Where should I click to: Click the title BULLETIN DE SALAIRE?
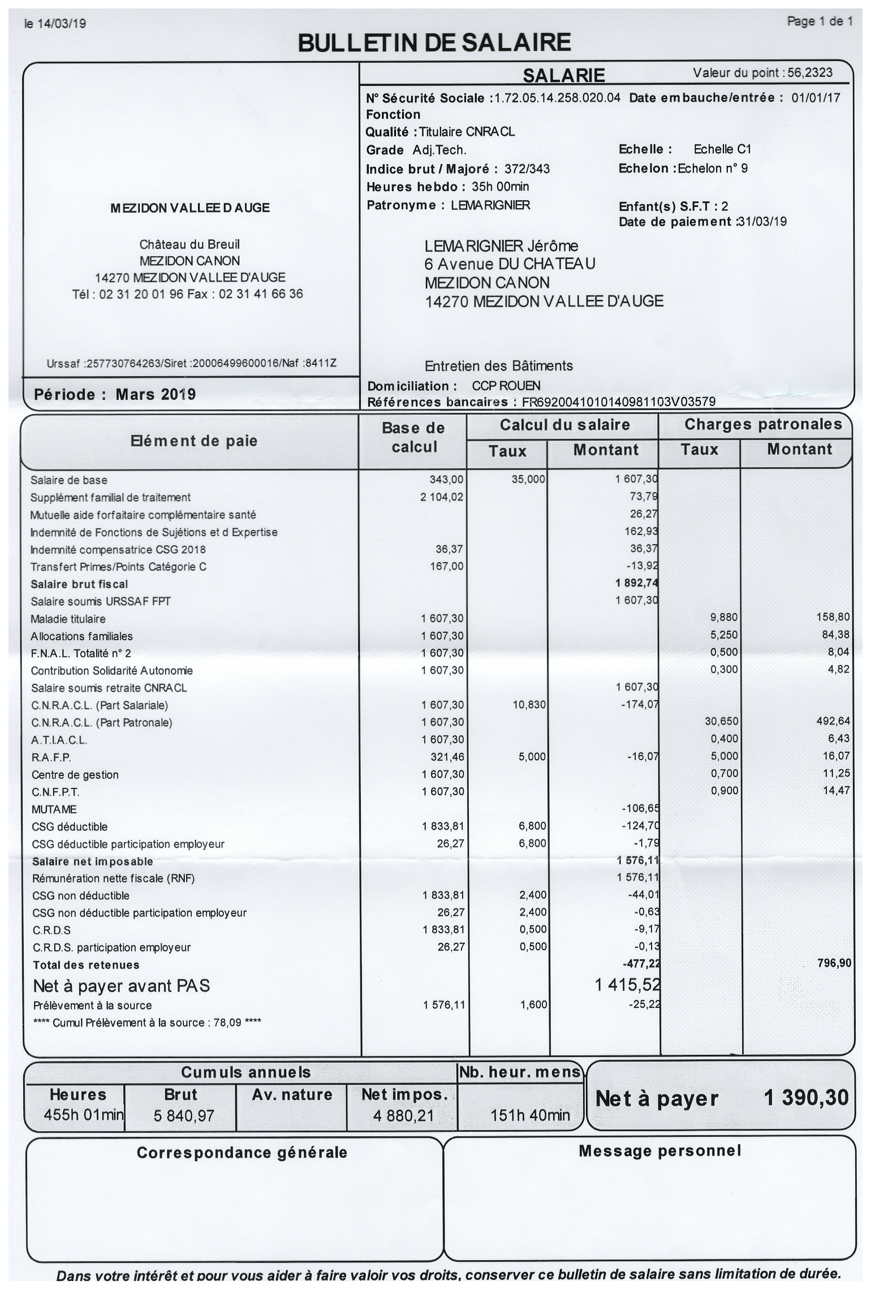coord(434,43)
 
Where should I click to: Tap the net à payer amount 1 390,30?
coord(806,1098)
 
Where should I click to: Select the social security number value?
coord(557,98)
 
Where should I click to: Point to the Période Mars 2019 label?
coord(115,394)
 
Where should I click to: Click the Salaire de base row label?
coord(69,480)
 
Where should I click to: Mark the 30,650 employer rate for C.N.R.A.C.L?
coord(721,722)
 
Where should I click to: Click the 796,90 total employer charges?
coord(834,963)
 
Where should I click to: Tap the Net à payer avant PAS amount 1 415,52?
coord(627,985)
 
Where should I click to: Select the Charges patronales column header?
coord(763,424)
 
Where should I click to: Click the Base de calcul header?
coord(413,437)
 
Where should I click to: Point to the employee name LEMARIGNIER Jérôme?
coord(501,246)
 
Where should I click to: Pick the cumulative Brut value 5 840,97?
coord(183,1116)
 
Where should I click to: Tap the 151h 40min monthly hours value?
coord(530,1116)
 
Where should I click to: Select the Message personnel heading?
coord(659,1150)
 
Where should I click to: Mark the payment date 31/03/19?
coord(762,222)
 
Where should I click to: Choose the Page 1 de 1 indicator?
coord(820,21)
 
